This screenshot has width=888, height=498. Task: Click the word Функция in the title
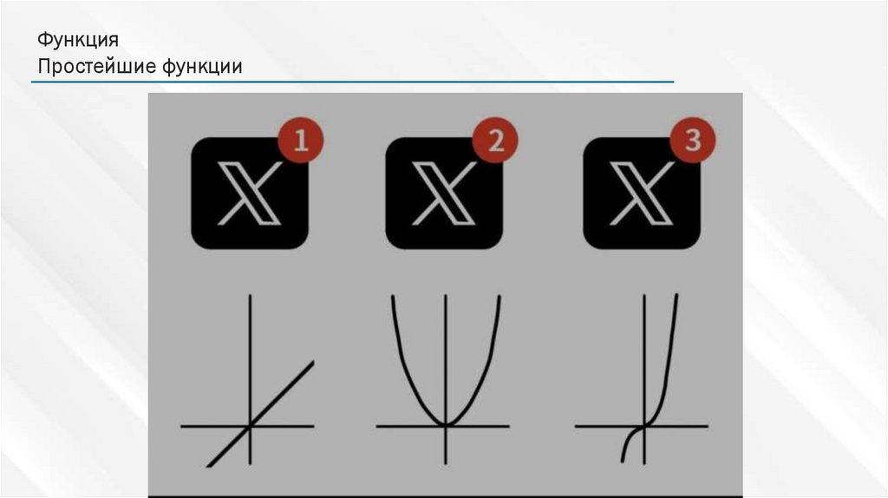[78, 40]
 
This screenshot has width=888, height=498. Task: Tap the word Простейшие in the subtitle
[97, 66]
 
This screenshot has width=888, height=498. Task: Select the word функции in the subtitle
[202, 67]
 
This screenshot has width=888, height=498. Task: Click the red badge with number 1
[301, 140]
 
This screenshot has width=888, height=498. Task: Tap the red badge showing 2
[495, 140]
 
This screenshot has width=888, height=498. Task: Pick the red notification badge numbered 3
[693, 140]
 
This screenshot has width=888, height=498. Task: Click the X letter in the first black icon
[250, 193]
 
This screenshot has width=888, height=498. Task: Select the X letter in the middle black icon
[444, 193]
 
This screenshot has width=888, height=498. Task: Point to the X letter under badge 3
[642, 193]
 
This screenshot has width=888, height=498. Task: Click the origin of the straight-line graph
[250, 425]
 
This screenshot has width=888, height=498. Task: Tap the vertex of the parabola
[446, 425]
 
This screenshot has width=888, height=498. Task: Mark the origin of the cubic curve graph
[644, 425]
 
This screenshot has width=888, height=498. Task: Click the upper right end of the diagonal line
[312, 363]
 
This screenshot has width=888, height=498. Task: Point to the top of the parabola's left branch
[393, 297]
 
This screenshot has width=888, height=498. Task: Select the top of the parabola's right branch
[499, 297]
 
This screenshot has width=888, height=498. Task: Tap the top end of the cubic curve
[676, 295]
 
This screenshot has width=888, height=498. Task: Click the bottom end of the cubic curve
[623, 462]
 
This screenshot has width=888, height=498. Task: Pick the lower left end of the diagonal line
[208, 466]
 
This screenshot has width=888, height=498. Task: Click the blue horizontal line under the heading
[352, 82]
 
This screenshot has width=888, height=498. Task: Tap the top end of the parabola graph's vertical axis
[446, 295]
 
